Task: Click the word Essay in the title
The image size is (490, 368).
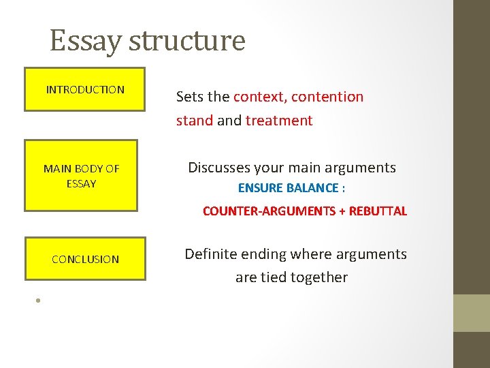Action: [86, 41]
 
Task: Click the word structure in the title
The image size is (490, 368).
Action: [186, 41]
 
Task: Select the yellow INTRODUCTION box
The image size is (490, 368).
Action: [85, 89]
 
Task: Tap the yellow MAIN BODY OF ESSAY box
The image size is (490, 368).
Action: [81, 176]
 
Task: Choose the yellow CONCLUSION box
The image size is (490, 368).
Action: [85, 259]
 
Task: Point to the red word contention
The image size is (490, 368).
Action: [327, 97]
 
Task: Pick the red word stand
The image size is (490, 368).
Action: [194, 121]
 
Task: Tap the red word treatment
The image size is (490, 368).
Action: [279, 121]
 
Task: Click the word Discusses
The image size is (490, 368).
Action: [218, 168]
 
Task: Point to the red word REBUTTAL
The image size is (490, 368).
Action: [378, 211]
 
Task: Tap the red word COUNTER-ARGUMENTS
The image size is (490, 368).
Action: [268, 211]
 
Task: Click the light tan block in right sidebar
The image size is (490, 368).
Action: [472, 313]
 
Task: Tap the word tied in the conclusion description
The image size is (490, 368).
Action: [274, 277]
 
